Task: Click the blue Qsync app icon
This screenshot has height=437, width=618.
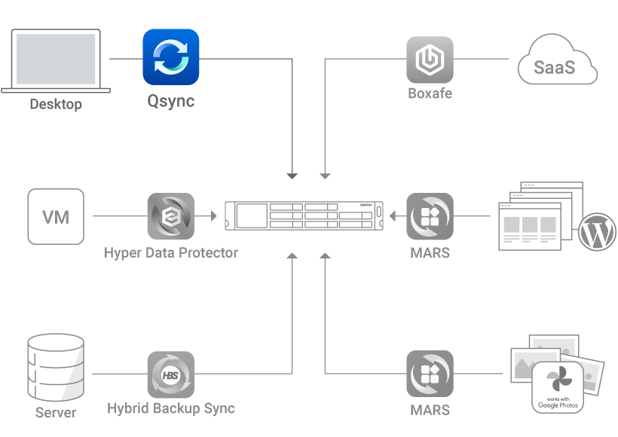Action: (171, 57)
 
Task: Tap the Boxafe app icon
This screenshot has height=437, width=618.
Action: (430, 59)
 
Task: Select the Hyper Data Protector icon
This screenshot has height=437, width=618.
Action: (170, 217)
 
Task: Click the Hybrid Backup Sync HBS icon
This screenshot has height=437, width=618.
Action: (170, 374)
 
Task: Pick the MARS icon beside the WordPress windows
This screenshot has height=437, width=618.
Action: (430, 217)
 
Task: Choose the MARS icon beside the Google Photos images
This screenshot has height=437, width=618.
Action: (430, 374)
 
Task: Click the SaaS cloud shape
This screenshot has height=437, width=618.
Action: (557, 66)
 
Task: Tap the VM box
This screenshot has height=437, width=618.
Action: (56, 217)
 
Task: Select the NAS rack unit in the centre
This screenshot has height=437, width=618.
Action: (304, 216)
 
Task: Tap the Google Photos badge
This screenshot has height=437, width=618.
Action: (558, 387)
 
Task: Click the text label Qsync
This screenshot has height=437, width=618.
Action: (170, 102)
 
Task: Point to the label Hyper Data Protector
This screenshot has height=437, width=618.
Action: (170, 252)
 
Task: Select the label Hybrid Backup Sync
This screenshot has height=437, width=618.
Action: (170, 409)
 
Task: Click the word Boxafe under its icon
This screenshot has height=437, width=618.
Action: (430, 94)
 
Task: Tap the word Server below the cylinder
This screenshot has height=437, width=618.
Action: (56, 413)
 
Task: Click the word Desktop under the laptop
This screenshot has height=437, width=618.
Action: (55, 104)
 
